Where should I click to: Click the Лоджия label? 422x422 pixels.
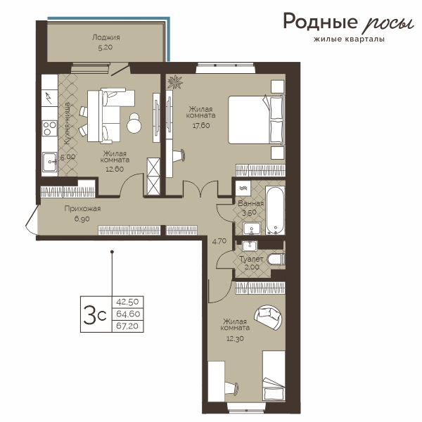(x=105, y=37)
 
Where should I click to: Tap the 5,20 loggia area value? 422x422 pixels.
(x=105, y=48)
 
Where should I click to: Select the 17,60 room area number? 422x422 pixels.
(x=201, y=125)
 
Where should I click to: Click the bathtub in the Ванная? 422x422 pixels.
(x=275, y=210)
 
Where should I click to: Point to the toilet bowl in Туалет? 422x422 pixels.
(x=276, y=260)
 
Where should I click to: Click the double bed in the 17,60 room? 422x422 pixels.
(x=256, y=120)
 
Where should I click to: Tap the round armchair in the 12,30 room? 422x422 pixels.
(x=269, y=317)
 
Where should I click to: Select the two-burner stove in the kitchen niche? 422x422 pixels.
(x=50, y=128)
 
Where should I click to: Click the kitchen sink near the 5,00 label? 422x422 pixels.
(x=50, y=162)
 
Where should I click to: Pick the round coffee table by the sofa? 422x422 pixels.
(x=134, y=122)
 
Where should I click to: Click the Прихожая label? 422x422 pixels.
(x=82, y=208)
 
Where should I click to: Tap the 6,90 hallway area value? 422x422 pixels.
(x=82, y=219)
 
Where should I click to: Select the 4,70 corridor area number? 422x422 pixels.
(x=219, y=241)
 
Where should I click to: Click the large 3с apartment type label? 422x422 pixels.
(x=95, y=314)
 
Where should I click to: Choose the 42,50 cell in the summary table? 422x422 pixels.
(x=127, y=302)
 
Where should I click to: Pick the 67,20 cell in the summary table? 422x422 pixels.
(x=127, y=326)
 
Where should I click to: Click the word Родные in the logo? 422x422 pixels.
(x=320, y=22)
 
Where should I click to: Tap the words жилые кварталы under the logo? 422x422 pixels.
(x=350, y=39)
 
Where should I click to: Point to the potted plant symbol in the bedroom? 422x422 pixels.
(x=174, y=82)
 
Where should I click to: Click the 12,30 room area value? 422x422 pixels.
(x=235, y=338)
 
